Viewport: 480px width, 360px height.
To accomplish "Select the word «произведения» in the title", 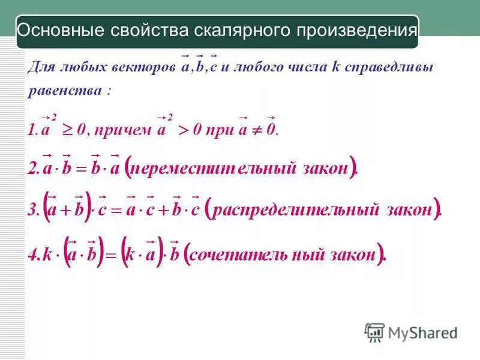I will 356,31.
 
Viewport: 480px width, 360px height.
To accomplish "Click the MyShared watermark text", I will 422,332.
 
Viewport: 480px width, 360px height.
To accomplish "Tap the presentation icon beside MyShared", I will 374,332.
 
